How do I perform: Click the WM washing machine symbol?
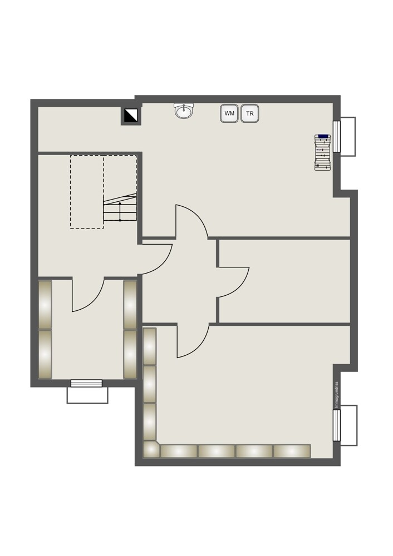coord(229,113)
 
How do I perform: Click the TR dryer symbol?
coord(249,113)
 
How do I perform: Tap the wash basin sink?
coord(184,111)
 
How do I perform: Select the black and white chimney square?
coord(131,115)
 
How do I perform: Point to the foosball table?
coord(323,152)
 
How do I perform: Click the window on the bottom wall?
coord(86,383)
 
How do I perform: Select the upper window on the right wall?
coord(337,136)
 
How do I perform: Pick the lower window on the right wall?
coord(337,425)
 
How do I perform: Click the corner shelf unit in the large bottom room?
coord(151,449)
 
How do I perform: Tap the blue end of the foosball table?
coord(323,136)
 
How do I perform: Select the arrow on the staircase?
coord(120,211)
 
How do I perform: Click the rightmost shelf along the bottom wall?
coord(292,451)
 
